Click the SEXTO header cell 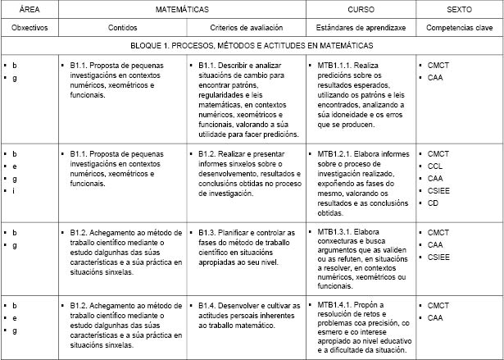coord(458,9)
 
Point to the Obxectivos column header coord(29,27)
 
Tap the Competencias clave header coord(459,27)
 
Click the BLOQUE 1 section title coord(252,46)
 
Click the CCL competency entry coord(436,165)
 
